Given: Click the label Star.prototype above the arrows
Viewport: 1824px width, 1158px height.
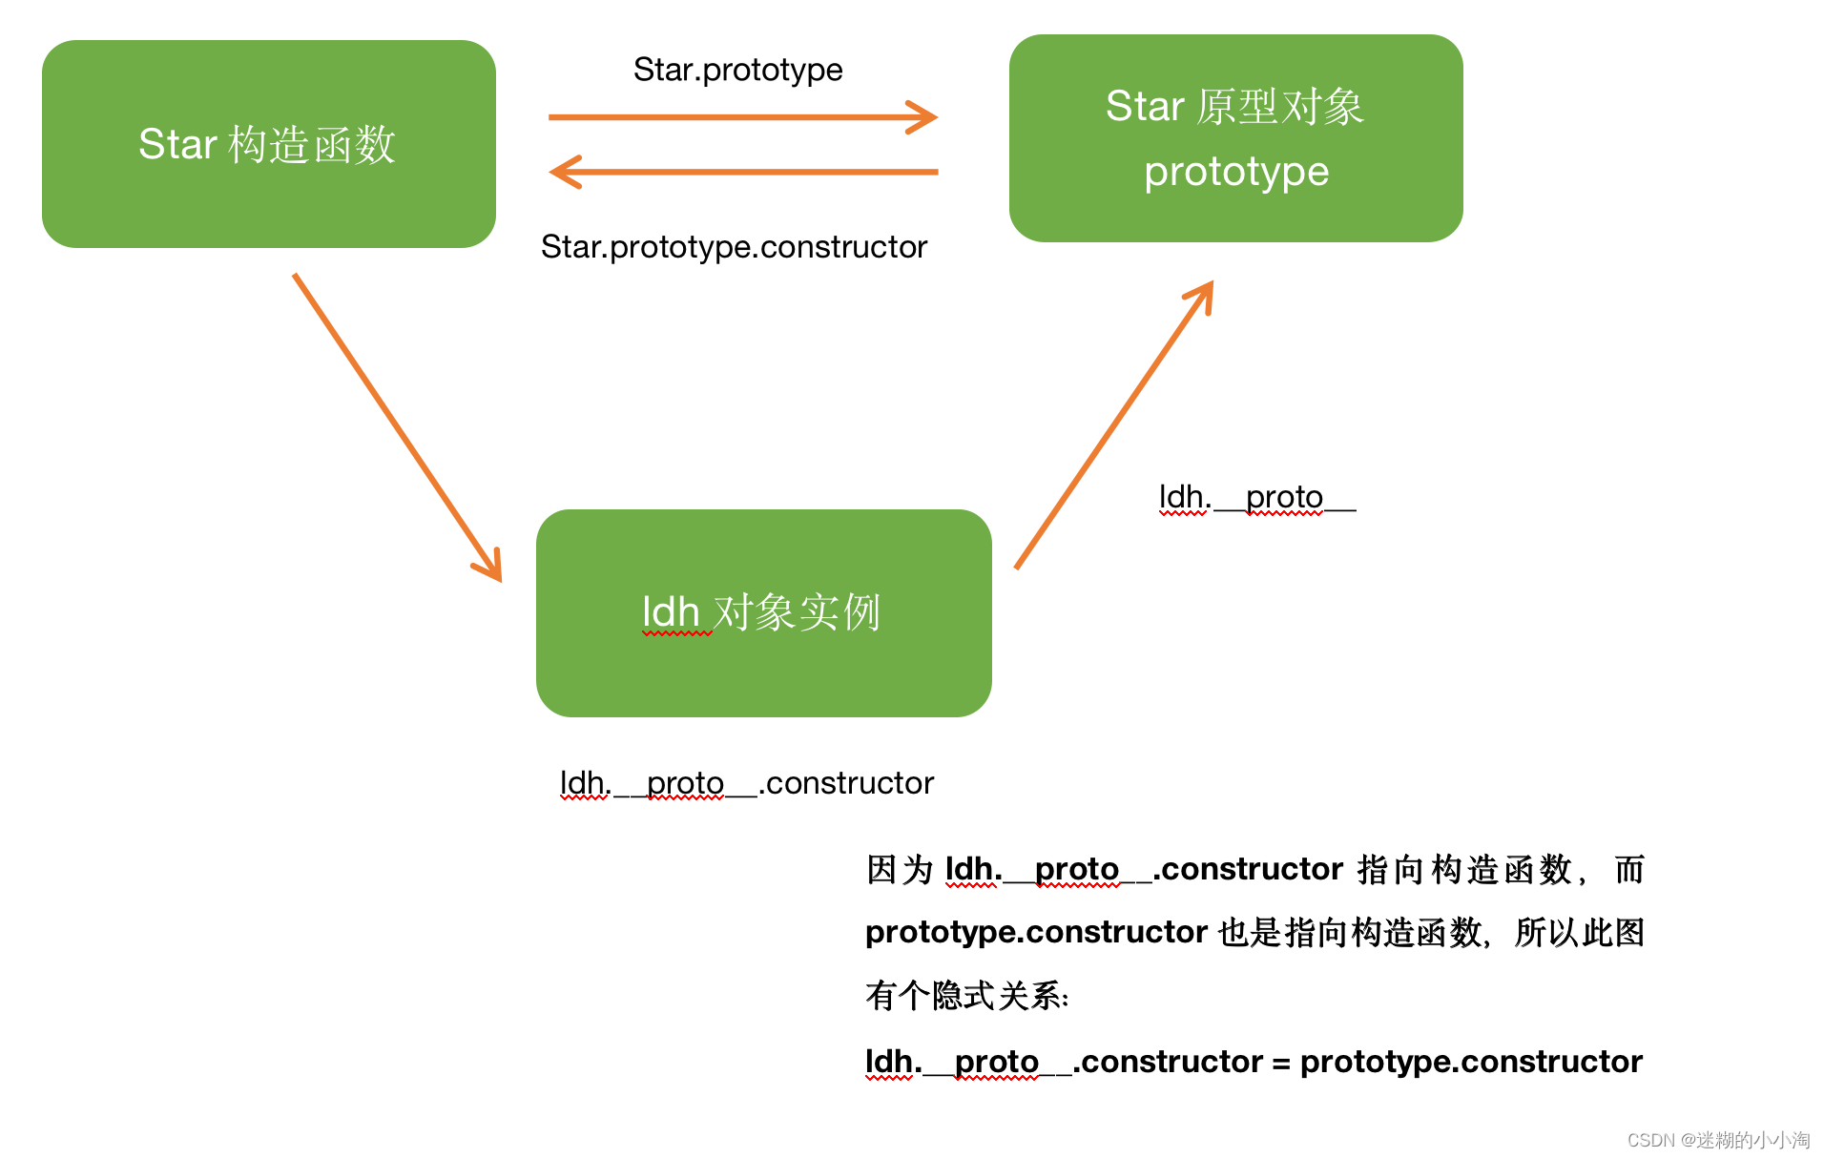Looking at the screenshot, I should pyautogui.click(x=737, y=70).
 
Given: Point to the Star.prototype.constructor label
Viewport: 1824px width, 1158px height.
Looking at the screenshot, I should pyautogui.click(x=734, y=247).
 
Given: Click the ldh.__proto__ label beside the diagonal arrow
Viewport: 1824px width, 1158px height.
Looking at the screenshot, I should pyautogui.click(x=1255, y=497).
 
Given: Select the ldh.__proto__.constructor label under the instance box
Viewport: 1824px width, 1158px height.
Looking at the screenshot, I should pyautogui.click(x=746, y=783).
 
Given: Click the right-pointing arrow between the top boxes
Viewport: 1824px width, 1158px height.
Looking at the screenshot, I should pyautogui.click(x=742, y=117).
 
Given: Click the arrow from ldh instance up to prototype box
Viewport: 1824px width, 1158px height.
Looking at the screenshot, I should pyautogui.click(x=1113, y=425).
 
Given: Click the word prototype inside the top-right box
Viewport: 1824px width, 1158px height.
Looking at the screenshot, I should pyautogui.click(x=1236, y=172).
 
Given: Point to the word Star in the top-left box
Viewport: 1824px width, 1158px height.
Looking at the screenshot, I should pyautogui.click(x=177, y=144).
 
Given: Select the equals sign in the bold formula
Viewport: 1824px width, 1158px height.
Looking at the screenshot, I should pyautogui.click(x=1280, y=1062).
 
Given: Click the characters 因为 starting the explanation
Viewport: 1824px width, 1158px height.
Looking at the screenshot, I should pyautogui.click(x=899, y=869).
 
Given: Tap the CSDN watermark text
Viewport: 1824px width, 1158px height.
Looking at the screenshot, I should pyautogui.click(x=1717, y=1140).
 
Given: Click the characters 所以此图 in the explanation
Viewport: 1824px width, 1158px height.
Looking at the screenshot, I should pyautogui.click(x=1579, y=932).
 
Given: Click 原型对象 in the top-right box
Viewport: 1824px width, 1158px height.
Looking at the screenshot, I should pyautogui.click(x=1279, y=106).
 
